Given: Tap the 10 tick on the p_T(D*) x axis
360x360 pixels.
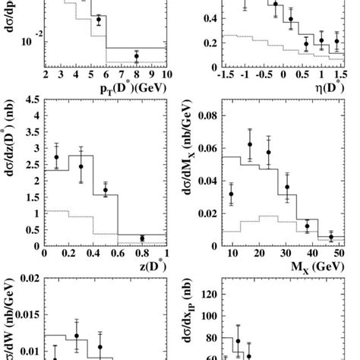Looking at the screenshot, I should [x=166, y=75].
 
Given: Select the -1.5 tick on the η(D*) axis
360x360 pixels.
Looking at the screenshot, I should [x=223, y=75].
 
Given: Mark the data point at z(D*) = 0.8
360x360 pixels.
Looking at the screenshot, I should [x=142, y=238].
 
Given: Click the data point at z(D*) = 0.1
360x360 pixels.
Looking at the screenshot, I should [x=56, y=157].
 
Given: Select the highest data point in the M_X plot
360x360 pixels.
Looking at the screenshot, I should [x=250, y=144].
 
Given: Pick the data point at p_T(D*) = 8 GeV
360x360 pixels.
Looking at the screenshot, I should [x=137, y=56].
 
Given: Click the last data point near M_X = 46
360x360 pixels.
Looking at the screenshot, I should [x=330, y=238].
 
